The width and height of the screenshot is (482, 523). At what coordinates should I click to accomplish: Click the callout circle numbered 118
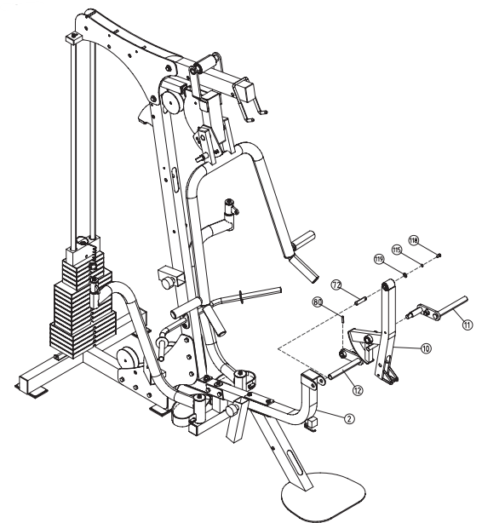tap(414, 240)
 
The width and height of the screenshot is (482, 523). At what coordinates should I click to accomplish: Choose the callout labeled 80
tap(317, 302)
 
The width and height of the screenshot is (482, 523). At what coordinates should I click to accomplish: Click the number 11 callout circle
tap(467, 323)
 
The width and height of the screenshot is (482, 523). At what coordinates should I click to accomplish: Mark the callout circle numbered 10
tap(426, 348)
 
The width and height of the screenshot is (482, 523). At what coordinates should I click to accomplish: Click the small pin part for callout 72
tap(356, 298)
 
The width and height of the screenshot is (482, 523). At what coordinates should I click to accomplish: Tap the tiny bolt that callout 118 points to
tap(435, 254)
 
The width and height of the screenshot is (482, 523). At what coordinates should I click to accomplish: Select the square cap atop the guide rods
tap(75, 38)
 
